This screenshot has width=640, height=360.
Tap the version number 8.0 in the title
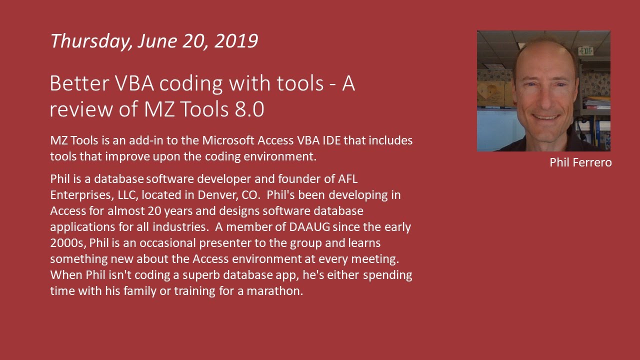click(248, 109)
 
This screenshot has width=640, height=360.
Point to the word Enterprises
click(79, 194)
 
